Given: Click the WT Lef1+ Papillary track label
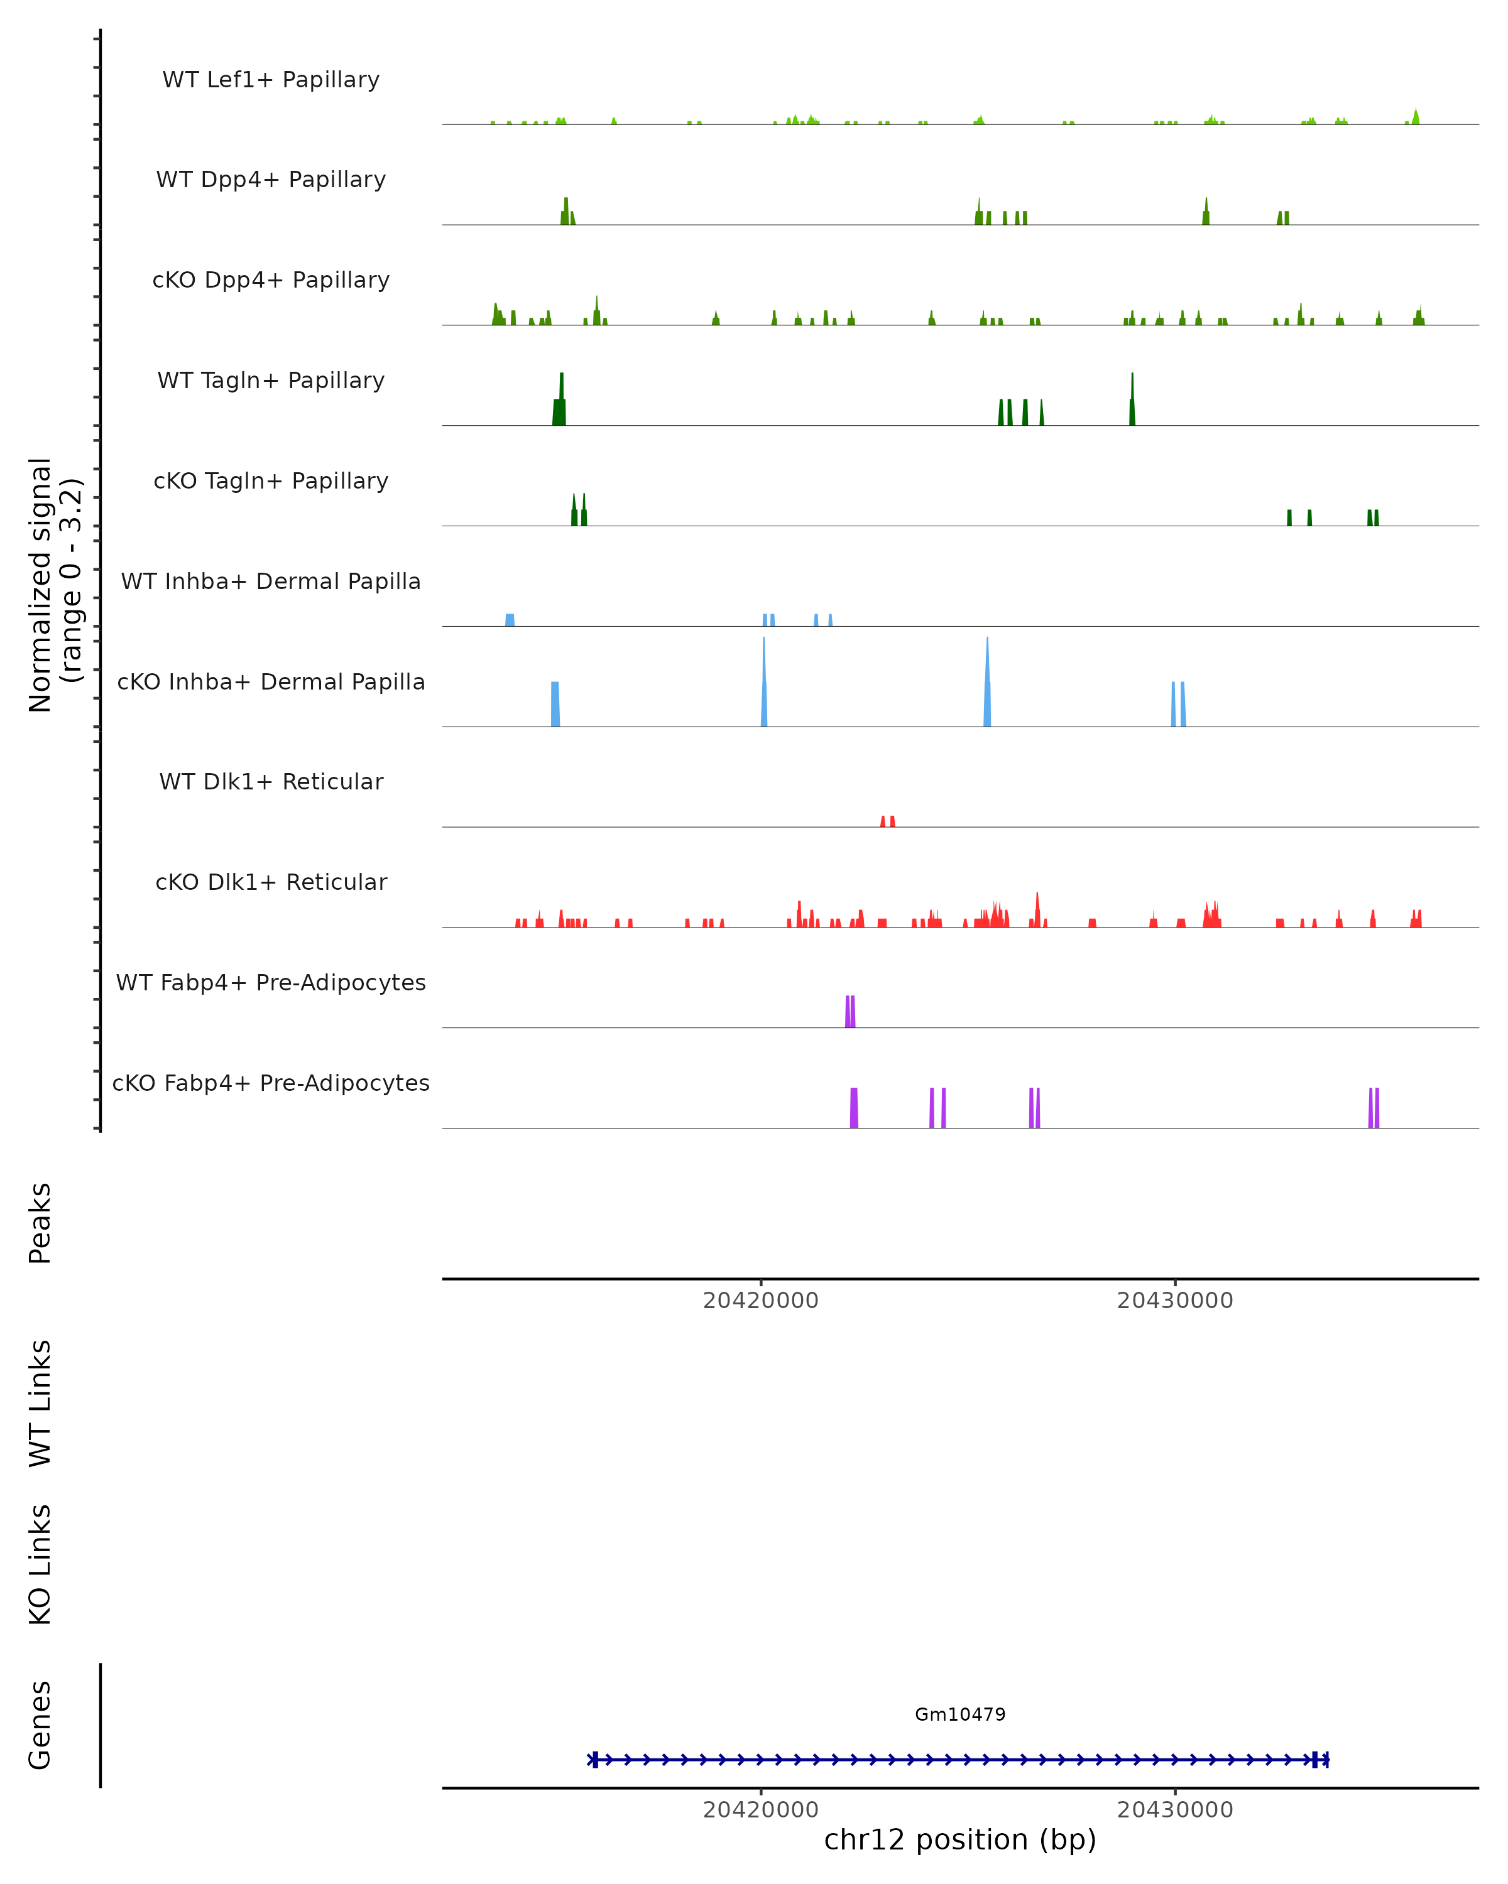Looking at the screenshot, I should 271,80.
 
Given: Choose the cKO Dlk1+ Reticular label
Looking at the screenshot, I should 271,882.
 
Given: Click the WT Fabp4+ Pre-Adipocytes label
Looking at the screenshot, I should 271,982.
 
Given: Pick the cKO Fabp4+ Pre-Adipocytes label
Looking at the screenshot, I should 271,1083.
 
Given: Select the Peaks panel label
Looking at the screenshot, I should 40,1223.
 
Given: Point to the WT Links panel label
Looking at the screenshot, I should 40,1402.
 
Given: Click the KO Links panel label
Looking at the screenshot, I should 40,1564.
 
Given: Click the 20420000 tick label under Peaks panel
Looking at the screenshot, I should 760,1301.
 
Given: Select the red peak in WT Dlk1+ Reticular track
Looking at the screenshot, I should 887,821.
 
